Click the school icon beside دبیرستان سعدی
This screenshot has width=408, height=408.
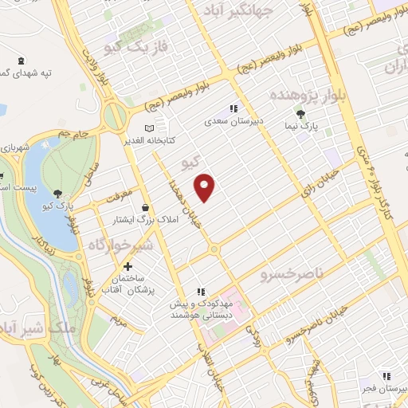[233, 108]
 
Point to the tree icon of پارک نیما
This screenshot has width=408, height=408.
[300, 113]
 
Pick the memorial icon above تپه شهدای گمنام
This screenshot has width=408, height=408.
[21, 61]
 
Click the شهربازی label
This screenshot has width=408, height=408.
[14, 148]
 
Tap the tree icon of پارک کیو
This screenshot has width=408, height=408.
[58, 193]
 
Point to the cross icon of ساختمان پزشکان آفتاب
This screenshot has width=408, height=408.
[127, 265]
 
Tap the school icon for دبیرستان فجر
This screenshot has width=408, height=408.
[386, 375]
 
